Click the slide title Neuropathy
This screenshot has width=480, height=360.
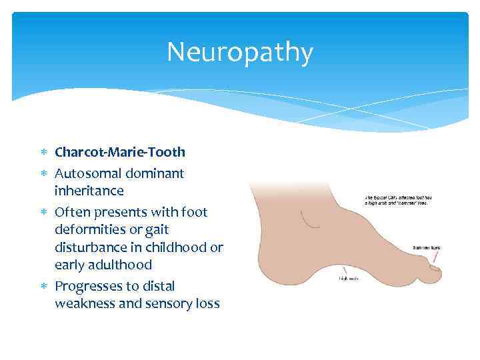pos(239,52)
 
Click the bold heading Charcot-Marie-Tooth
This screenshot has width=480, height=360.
pos(120,152)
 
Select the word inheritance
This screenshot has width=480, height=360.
pos(89,191)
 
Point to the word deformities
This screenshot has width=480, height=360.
pos(88,229)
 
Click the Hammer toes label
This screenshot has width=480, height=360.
pos(426,247)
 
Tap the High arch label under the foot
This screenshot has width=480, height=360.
pos(349,278)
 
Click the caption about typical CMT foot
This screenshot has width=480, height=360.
pos(396,200)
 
